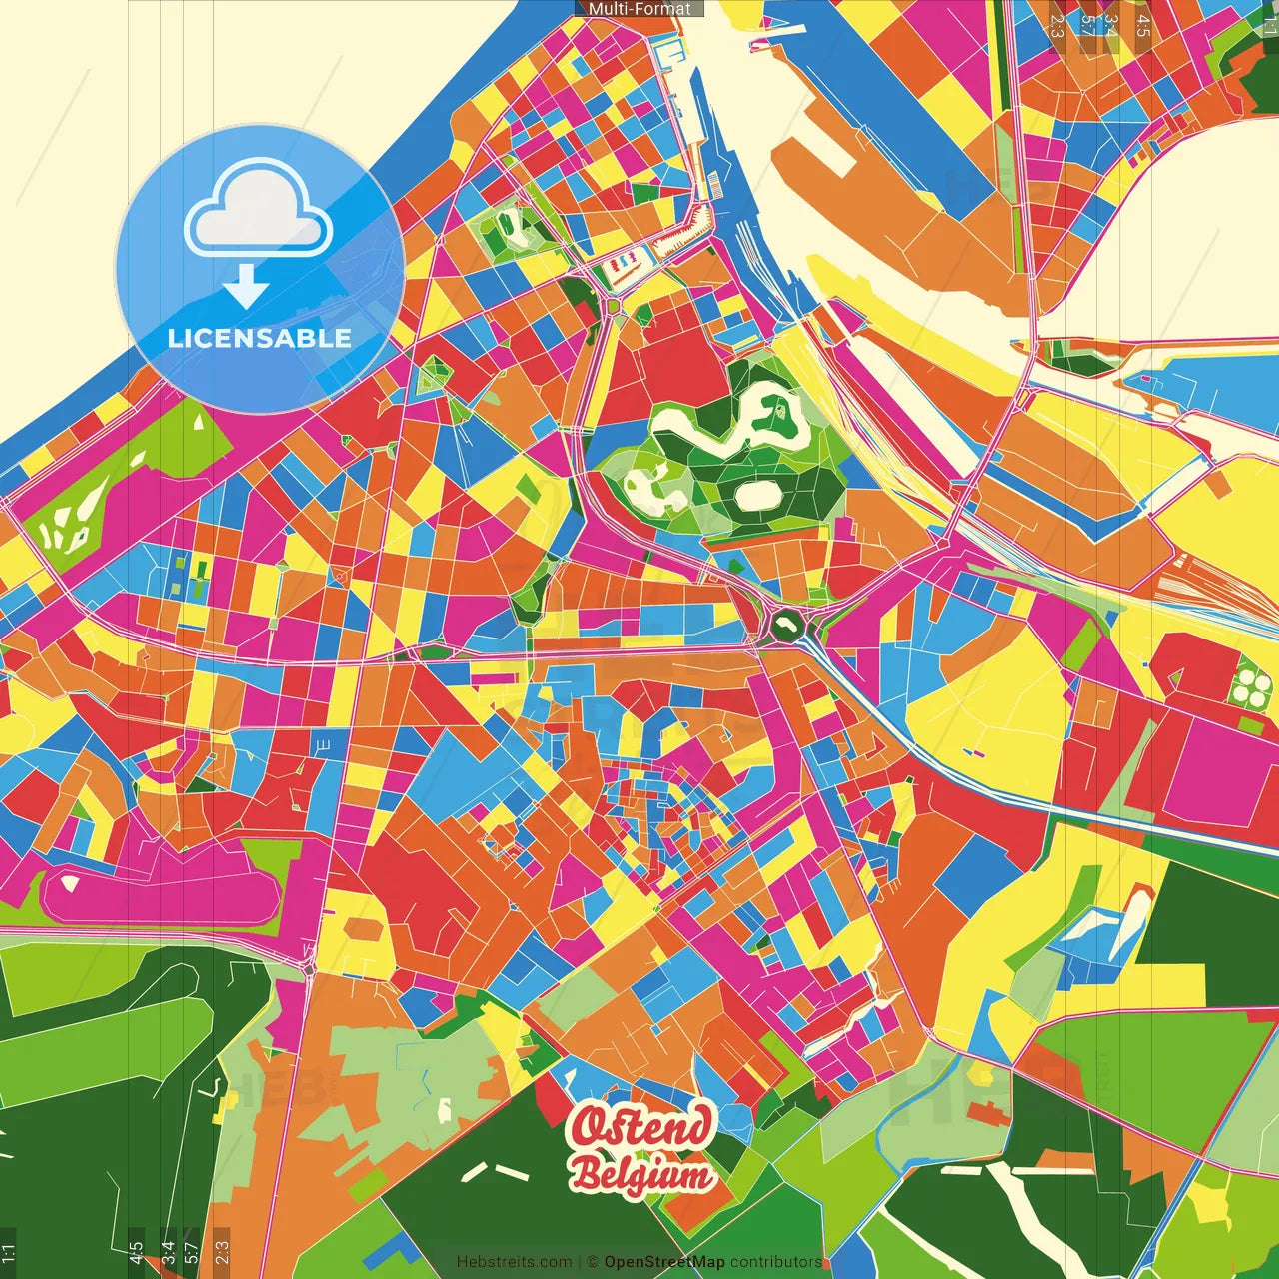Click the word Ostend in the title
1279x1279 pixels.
tap(641, 1127)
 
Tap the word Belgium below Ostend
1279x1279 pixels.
tap(643, 1175)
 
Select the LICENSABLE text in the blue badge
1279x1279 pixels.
tap(260, 338)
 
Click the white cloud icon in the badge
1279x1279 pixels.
tap(259, 213)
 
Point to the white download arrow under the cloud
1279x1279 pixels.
tap(246, 287)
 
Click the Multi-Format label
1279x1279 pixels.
tap(639, 9)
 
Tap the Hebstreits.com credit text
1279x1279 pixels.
tap(514, 1262)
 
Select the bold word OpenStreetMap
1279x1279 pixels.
tap(664, 1262)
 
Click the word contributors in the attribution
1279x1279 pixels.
tap(776, 1262)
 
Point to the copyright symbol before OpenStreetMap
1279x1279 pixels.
tap(592, 1262)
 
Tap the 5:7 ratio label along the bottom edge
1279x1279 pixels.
tap(192, 1252)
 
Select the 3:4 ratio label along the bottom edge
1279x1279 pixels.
tap(168, 1252)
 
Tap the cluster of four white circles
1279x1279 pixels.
tap(1249, 687)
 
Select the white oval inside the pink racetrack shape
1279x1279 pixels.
tap(69, 882)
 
